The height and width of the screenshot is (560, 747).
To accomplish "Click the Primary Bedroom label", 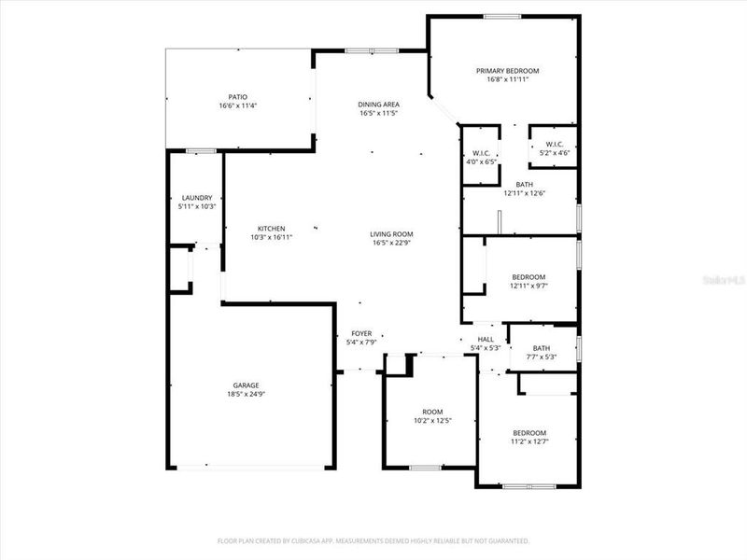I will (507, 71).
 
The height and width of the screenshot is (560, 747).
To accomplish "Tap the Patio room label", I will (237, 97).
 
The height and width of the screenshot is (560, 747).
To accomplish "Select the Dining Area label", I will (378, 105).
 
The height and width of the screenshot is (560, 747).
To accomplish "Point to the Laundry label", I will (197, 198).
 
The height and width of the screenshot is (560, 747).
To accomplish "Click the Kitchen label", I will (272, 229).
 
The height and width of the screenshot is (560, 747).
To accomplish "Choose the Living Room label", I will (391, 234).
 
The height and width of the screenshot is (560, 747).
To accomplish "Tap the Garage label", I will (246, 385).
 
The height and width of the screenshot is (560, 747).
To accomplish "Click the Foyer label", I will (361, 333).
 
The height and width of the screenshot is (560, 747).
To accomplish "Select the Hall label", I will (486, 340).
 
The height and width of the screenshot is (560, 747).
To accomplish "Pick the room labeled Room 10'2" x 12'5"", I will (431, 416).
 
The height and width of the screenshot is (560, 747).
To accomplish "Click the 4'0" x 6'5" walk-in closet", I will (482, 158).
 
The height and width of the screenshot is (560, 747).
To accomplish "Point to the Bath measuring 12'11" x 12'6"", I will (524, 189).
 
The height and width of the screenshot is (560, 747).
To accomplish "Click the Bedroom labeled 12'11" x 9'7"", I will (529, 281).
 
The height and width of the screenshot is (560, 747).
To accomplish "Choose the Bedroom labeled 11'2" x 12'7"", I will (529, 437).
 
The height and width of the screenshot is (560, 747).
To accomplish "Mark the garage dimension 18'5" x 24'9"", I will (246, 395).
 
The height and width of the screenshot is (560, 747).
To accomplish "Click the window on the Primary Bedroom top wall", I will (502, 16).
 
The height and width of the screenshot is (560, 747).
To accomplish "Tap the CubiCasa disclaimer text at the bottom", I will (373, 540).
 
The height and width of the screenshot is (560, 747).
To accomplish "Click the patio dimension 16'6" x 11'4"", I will (237, 105).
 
